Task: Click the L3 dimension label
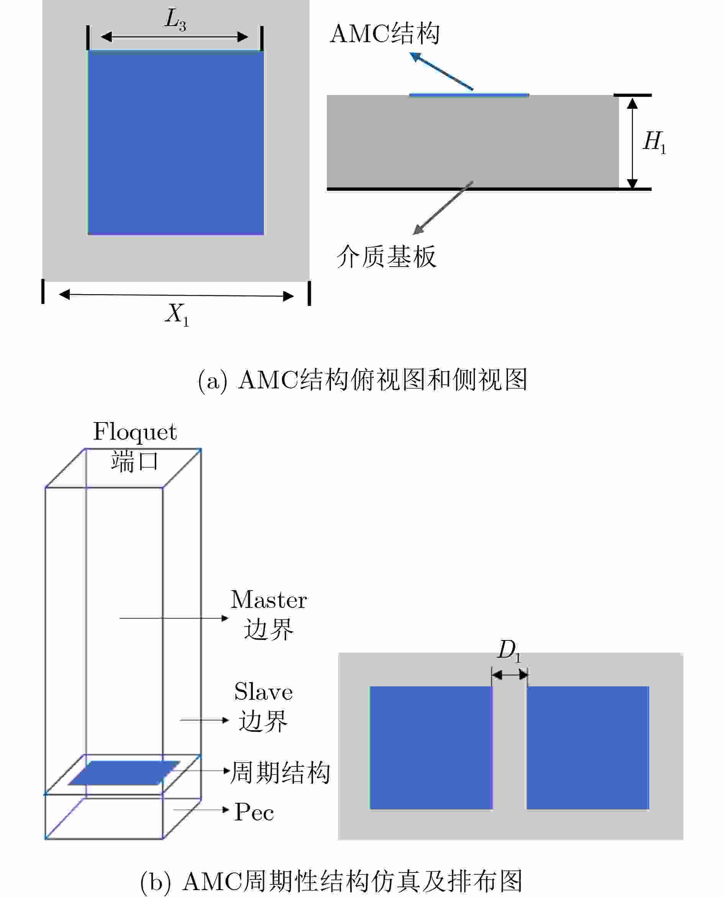(175, 20)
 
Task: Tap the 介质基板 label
(386, 256)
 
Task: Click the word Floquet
(135, 432)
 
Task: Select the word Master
(269, 600)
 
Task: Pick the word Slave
(264, 692)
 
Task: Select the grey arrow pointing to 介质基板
(443, 208)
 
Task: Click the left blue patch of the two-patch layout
(431, 748)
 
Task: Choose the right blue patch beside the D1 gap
(588, 748)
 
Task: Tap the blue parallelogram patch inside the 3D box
(124, 773)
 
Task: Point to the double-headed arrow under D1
(509, 674)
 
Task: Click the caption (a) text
(362, 380)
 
